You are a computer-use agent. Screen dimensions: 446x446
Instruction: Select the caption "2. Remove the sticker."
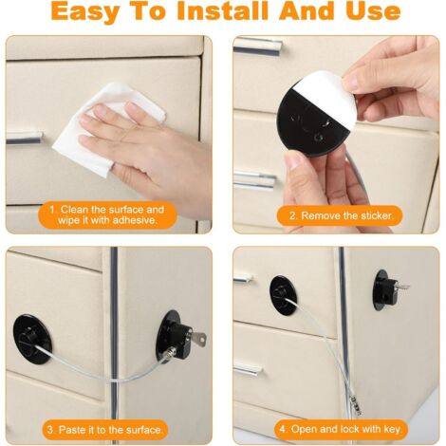coord(341,215)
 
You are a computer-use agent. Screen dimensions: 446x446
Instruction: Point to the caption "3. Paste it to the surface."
coord(105,430)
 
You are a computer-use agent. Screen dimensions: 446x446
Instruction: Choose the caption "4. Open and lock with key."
coord(341,429)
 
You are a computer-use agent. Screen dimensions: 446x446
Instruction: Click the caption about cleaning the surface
coord(106,214)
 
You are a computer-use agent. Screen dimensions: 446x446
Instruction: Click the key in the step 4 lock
coord(403,287)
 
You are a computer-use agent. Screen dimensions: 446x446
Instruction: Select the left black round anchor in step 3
coord(32,339)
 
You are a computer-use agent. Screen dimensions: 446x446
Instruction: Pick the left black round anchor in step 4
coord(283,296)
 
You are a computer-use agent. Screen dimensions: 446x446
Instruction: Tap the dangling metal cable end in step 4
coord(356,404)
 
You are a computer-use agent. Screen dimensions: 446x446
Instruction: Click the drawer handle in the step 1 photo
coord(24,138)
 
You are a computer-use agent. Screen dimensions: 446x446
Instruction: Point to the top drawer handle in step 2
coord(257,46)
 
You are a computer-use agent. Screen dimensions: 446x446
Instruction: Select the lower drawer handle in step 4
coord(248,369)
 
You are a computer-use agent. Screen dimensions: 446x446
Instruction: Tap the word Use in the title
coord(373,11)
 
